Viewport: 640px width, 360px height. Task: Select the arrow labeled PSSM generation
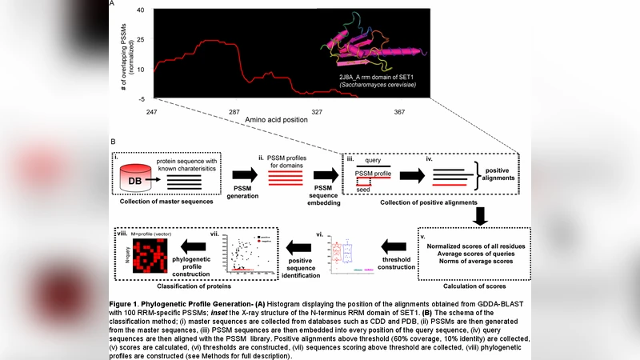click(245, 174)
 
